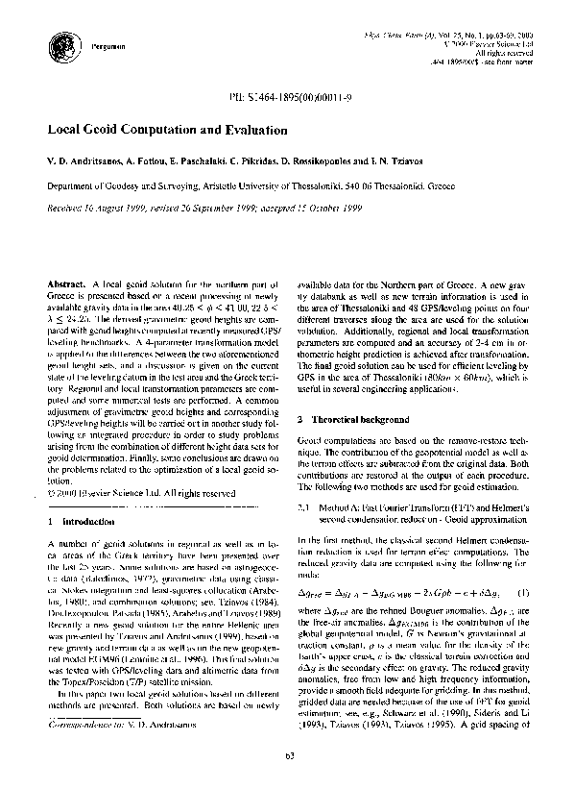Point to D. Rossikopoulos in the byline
point(332,166)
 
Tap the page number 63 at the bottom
point(287,760)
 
